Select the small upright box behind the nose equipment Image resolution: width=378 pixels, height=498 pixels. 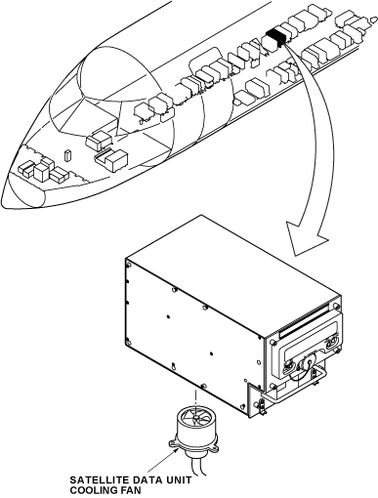click(x=67, y=155)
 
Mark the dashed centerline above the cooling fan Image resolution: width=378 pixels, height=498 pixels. click(x=196, y=398)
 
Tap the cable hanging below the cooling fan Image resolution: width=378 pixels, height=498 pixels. click(x=197, y=470)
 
